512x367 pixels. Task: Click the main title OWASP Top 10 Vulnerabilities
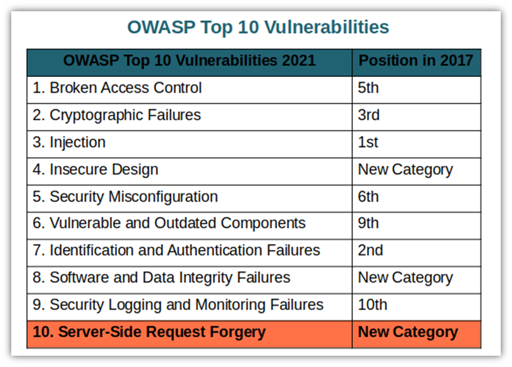coord(258,28)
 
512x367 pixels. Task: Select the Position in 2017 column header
coord(416,61)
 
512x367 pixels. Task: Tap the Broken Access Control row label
coord(117,88)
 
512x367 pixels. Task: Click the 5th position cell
coord(368,88)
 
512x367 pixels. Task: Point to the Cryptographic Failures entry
coord(116,115)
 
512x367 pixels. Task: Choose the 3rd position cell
coord(369,115)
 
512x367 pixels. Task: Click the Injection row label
coord(69,143)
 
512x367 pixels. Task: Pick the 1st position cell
coord(368,142)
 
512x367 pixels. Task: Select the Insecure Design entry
coord(95,170)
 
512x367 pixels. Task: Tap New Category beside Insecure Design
coord(405,170)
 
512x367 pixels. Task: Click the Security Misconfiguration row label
coord(125,197)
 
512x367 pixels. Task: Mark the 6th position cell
coord(368,197)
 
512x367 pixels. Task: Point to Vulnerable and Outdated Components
coord(169,224)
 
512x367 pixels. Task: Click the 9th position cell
coord(368,224)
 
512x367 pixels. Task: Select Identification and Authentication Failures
coord(176,251)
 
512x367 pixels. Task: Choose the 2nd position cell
coord(370,251)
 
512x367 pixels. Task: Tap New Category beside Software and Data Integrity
coord(405,278)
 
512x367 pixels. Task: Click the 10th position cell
coord(372,305)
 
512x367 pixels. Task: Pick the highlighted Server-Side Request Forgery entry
coord(149,332)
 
